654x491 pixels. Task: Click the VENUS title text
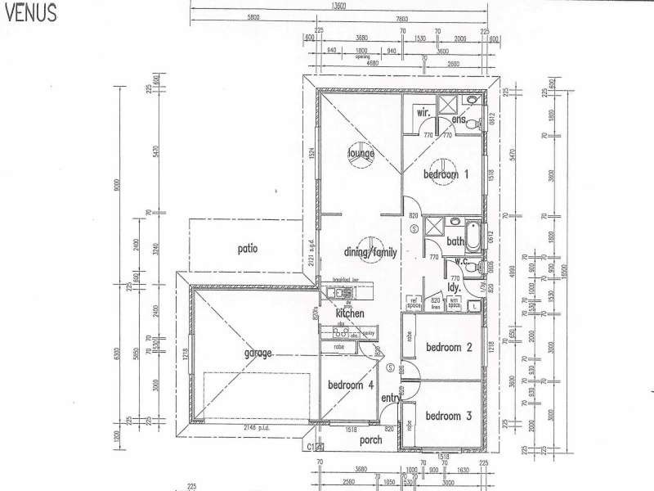coord(29,13)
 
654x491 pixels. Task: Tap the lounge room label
coord(361,153)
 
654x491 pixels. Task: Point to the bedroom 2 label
coord(449,347)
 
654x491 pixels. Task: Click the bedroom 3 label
coord(449,415)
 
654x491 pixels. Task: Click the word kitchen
coord(349,313)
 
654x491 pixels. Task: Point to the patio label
coord(248,248)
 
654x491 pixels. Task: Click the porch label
coord(371,440)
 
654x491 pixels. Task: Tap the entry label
coord(391,399)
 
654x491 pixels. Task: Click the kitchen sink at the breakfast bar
coord(334,292)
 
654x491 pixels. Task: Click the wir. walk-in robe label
coord(423,111)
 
